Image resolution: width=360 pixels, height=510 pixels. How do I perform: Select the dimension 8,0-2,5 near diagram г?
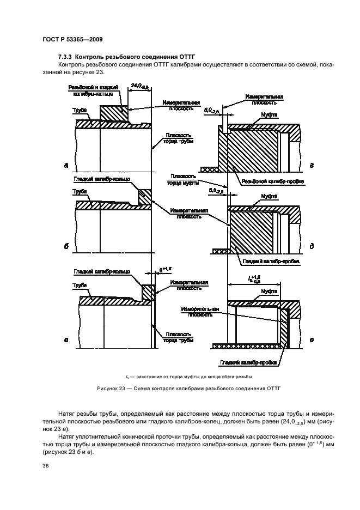point(212,110)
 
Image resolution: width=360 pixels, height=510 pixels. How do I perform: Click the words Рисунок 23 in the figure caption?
point(138,388)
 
